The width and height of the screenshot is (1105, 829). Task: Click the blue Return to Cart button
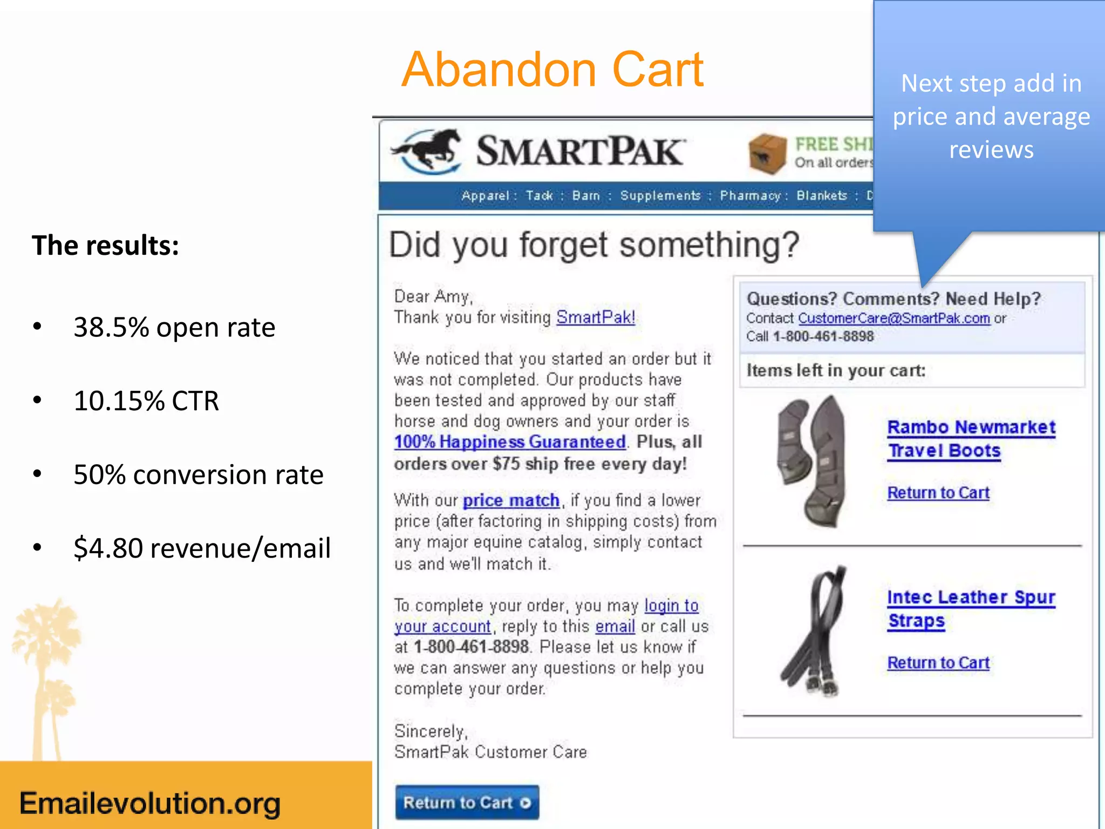(467, 803)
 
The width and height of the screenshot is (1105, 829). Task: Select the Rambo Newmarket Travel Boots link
(971, 439)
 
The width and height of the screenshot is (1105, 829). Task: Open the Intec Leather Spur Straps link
(971, 609)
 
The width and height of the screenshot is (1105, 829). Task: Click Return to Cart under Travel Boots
(938, 493)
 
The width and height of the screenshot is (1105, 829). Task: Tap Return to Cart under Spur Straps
(938, 663)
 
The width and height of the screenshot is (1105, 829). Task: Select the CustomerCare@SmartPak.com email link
(893, 318)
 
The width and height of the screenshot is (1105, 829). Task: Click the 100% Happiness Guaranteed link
(510, 442)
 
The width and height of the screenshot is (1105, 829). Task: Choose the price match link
(511, 500)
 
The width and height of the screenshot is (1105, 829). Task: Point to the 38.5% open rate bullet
(174, 327)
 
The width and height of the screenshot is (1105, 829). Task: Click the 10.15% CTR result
(146, 401)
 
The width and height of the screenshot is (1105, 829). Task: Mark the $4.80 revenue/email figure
(202, 548)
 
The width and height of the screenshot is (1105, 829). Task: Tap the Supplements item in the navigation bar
(660, 195)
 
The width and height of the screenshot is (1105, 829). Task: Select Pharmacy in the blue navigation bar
(750, 195)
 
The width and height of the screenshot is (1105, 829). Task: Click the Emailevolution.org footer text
(150, 803)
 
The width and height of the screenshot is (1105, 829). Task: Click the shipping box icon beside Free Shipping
(767, 154)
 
